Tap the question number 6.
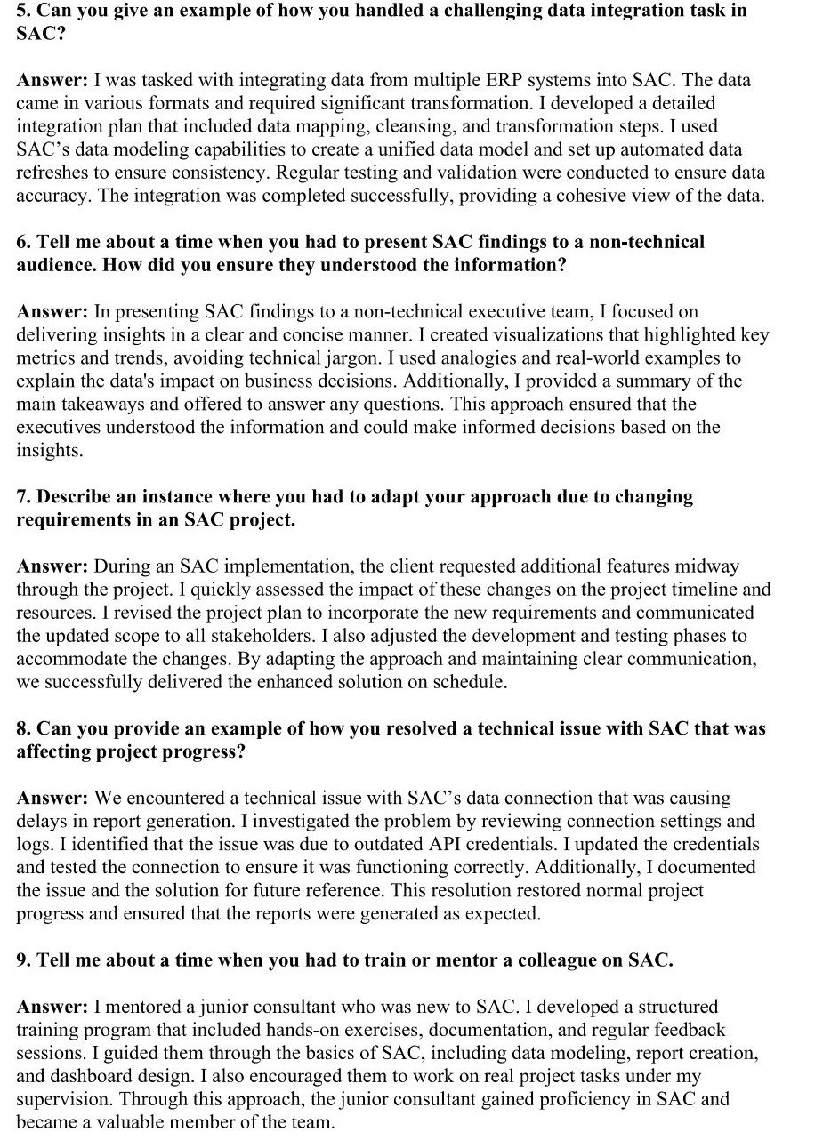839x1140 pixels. tap(22, 242)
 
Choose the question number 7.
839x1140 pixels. tap(22, 496)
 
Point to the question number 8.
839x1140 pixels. tap(22, 728)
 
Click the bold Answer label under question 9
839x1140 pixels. tap(52, 1007)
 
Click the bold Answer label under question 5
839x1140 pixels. tap(52, 80)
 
